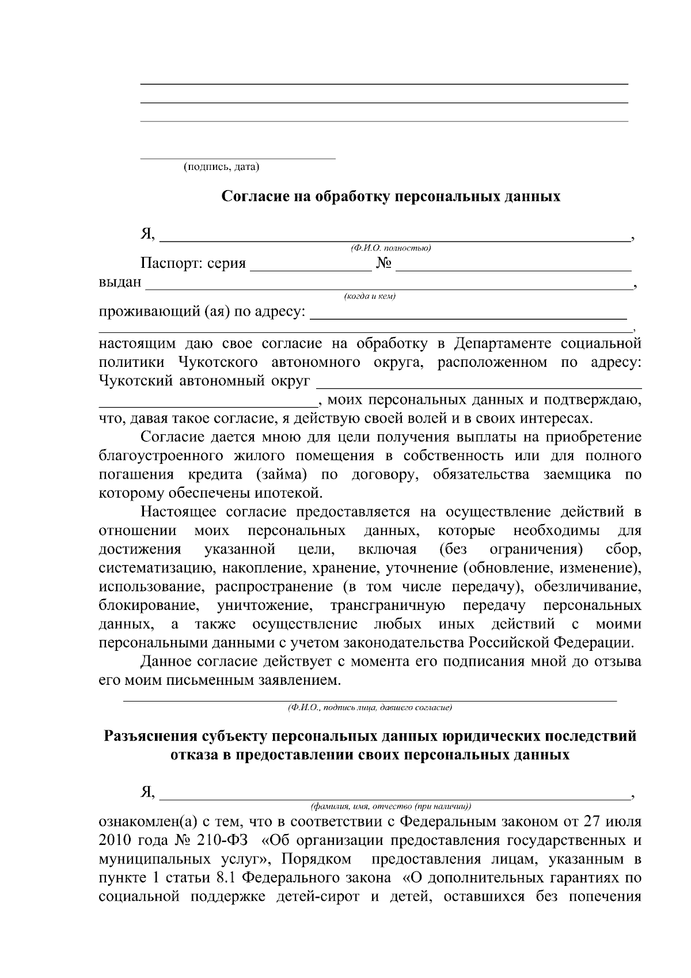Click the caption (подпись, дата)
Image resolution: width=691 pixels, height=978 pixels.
[x=221, y=168]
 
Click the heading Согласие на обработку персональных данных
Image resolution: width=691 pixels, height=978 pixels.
[x=391, y=197]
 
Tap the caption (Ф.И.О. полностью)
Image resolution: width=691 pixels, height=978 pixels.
[x=390, y=248]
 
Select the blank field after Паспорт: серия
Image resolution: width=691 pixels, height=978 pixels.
[x=311, y=266]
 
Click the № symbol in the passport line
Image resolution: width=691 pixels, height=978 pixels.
[x=384, y=264]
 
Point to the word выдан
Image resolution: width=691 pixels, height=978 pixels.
[x=120, y=282]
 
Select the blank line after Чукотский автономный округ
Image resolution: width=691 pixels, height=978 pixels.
[x=479, y=384]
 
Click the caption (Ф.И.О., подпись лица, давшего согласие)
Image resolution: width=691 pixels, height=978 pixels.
[x=370, y=707]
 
